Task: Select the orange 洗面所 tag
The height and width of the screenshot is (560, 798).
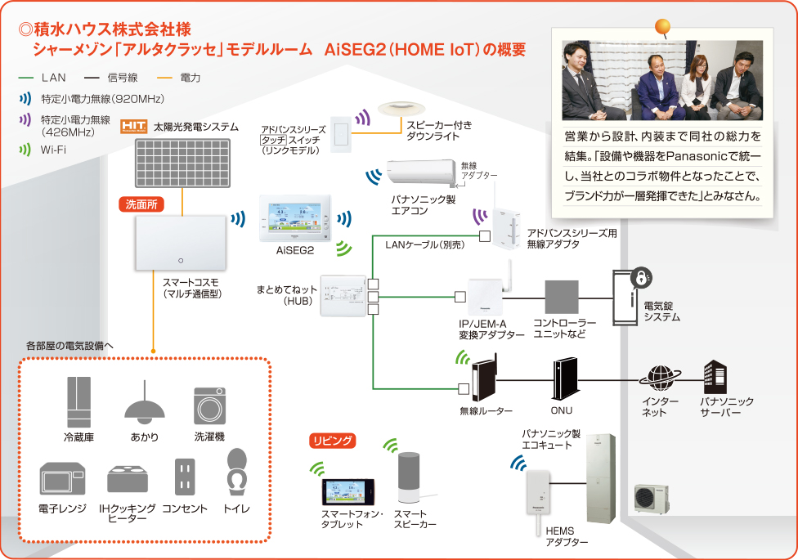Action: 142,204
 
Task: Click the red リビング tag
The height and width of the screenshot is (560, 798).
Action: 332,441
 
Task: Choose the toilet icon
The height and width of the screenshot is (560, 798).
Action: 237,472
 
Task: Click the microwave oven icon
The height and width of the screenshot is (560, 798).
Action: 63,480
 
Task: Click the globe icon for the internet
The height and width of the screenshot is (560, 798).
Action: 660,377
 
